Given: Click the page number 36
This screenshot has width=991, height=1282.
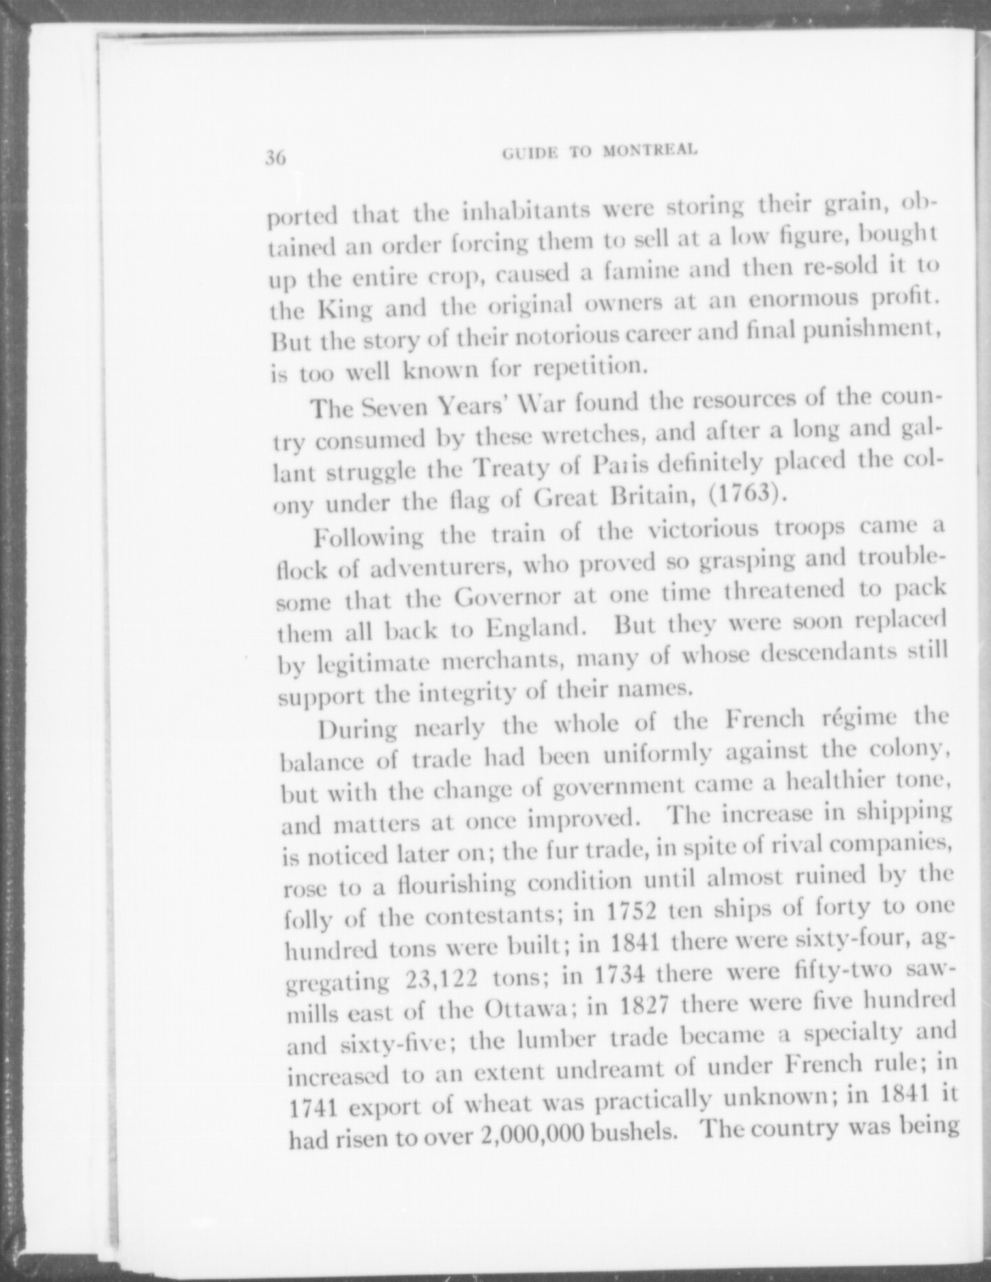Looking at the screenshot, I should click(276, 158).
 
